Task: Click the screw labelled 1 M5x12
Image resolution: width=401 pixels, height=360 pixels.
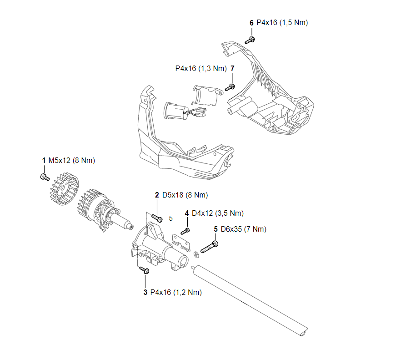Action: (45, 176)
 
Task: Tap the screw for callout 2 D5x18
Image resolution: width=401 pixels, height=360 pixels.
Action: (157, 218)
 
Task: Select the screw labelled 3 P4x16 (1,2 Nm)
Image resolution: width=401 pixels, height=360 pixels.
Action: (145, 270)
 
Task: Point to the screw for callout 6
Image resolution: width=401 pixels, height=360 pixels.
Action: (250, 40)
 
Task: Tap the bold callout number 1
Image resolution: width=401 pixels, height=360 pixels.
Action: (44, 160)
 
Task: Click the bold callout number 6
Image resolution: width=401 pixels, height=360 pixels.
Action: (251, 22)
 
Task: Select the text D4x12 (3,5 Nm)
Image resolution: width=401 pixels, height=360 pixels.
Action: (218, 213)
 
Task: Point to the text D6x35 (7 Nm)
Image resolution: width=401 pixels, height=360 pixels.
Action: (243, 229)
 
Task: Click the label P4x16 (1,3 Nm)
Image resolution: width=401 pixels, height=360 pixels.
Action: (200, 68)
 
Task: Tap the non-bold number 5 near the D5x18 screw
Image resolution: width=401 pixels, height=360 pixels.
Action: (170, 218)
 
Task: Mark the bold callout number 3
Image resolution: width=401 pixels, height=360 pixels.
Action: (145, 292)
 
